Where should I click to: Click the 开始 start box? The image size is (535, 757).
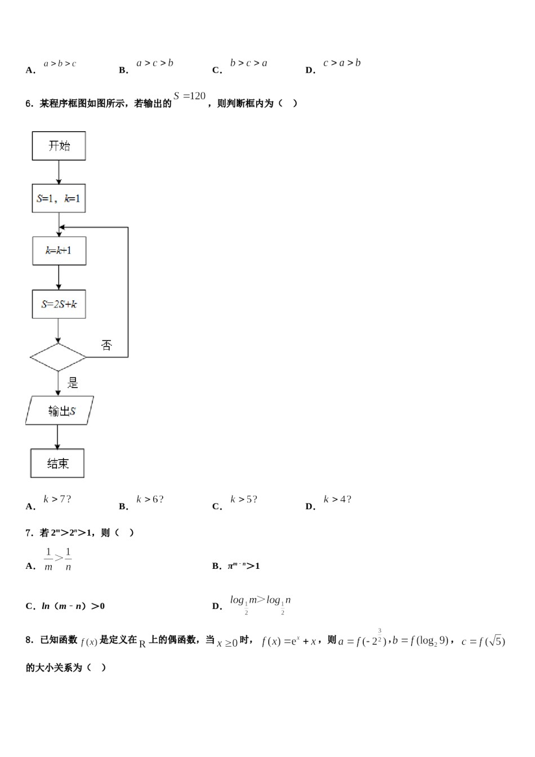[x=59, y=146]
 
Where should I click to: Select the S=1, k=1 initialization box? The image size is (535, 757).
[x=59, y=198]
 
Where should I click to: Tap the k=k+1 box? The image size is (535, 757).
[x=59, y=251]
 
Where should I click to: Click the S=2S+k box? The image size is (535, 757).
[x=59, y=304]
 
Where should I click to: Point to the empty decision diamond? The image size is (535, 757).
[x=58, y=357]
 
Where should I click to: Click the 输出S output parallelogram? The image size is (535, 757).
[x=60, y=411]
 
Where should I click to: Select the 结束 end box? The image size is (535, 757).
[x=57, y=464]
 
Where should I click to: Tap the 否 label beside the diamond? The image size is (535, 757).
[x=106, y=345]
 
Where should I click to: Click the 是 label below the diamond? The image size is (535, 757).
[x=73, y=383]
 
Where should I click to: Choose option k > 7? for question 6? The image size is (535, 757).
[x=57, y=499]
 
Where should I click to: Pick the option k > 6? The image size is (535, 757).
[x=150, y=499]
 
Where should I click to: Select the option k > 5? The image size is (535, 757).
[x=243, y=499]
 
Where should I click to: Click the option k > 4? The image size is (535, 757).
[x=337, y=499]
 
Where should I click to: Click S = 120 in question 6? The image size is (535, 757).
[x=190, y=96]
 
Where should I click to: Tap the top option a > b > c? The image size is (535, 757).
[x=60, y=64]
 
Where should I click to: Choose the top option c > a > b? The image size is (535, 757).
[x=341, y=63]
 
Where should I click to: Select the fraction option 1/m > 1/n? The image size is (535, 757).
[x=58, y=559]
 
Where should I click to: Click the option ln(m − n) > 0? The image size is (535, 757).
[x=73, y=606]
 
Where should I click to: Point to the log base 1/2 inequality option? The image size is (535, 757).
[x=260, y=603]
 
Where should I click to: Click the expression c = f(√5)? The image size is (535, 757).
[x=483, y=642]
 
